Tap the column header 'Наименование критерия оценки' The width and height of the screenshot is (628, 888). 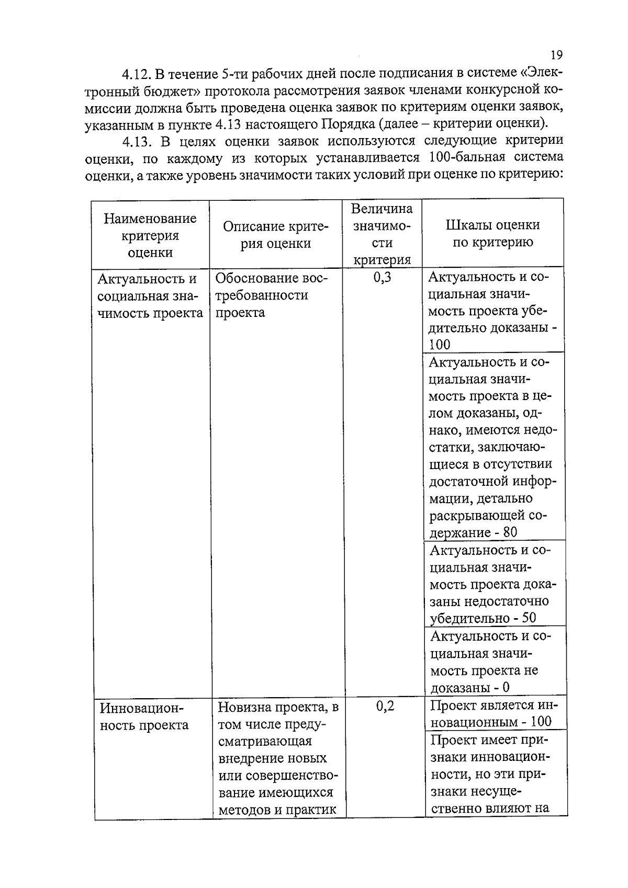(150, 235)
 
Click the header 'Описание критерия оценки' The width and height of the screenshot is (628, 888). (276, 235)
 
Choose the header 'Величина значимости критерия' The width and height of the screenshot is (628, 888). (382, 234)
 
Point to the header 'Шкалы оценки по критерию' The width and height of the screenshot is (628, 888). (492, 233)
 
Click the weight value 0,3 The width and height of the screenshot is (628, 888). (383, 277)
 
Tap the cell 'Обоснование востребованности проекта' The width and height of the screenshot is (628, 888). (271, 295)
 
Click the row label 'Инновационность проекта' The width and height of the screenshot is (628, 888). (144, 716)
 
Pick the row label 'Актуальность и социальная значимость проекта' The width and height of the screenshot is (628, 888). (150, 295)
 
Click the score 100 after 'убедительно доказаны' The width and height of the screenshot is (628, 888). (440, 344)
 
